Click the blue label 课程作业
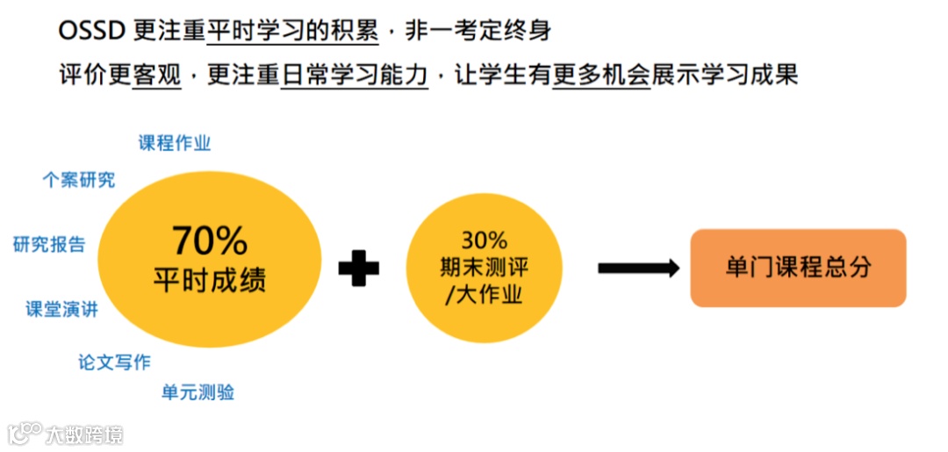pos(175,143)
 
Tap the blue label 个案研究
pos(79,180)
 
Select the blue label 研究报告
pos(49,245)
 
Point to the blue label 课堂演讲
pos(61,309)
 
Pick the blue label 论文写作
pos(114,362)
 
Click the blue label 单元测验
pos(197,392)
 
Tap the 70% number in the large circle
pos(209,240)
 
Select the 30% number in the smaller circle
pos(484,240)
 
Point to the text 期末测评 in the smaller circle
pos(484,267)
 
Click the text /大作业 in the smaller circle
pos(484,294)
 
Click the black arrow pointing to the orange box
pos(638,268)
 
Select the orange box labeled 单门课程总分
pos(798,268)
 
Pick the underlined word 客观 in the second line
pos(156,75)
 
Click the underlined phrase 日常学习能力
pos(354,75)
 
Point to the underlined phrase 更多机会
pos(601,75)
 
